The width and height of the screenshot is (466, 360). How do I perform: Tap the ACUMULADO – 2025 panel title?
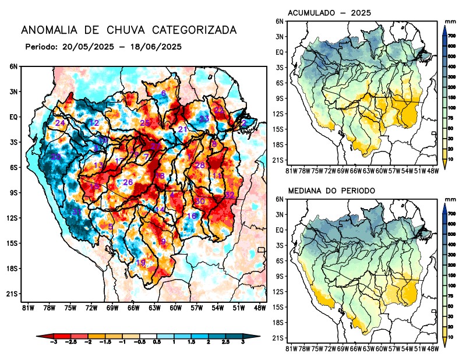coord(330,12)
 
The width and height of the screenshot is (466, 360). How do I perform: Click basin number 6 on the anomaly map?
coord(164,94)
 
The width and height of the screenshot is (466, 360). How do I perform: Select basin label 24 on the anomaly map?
coord(60,123)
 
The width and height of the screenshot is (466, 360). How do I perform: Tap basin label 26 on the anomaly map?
coord(128,182)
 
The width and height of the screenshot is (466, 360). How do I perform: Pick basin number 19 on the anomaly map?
coord(140,263)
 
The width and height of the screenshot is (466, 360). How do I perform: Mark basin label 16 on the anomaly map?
coord(192,216)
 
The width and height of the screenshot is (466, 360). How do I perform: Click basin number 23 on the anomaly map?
coord(204,119)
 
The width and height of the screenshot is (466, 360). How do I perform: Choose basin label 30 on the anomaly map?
coord(200,201)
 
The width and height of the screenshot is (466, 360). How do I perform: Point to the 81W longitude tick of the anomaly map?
coord(27,308)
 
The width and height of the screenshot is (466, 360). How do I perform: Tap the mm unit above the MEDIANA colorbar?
coord(450,199)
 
